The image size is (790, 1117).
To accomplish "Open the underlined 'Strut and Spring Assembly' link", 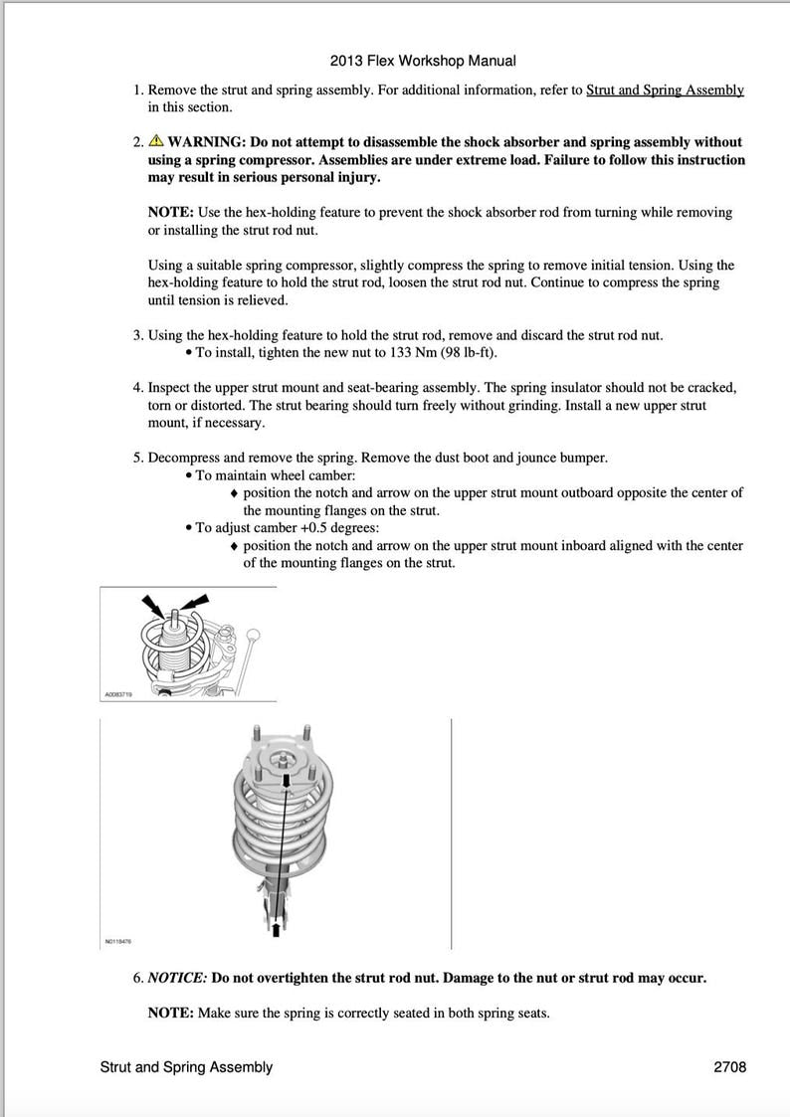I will [x=665, y=90].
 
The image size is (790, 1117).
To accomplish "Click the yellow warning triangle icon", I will [x=156, y=141].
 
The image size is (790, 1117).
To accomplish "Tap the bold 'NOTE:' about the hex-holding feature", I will [x=170, y=212].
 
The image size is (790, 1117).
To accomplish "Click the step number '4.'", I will [x=139, y=387].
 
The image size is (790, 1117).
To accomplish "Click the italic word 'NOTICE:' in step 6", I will [x=177, y=978].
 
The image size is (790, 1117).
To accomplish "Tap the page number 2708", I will [x=729, y=1067].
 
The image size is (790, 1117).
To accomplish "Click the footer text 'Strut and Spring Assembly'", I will [x=186, y=1067].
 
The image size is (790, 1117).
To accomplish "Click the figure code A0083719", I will [x=117, y=695].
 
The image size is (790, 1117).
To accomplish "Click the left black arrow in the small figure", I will [x=153, y=603].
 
